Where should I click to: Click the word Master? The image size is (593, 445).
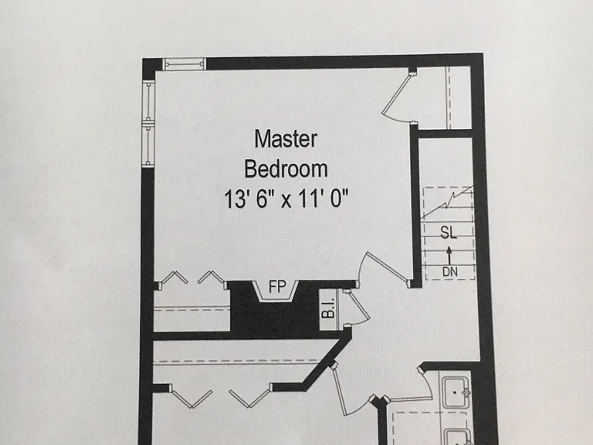pos(286,139)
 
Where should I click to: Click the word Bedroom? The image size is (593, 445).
pos(286,168)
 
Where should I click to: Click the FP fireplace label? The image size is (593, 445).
pos(277,287)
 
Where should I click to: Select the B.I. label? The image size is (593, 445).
pos(329,307)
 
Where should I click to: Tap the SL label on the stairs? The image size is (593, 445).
pos(449,233)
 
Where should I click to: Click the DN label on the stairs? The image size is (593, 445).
pos(449,271)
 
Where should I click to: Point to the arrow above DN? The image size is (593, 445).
pos(449,256)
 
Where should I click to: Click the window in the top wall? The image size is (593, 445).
pos(185,64)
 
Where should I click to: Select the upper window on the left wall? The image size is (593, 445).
pos(148,101)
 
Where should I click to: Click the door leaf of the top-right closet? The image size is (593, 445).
pos(395,93)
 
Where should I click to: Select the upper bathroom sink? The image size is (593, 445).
pos(456,392)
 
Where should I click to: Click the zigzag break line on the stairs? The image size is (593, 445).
pos(447,202)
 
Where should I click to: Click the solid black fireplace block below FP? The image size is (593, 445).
pos(274,317)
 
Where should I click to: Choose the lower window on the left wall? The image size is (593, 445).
pos(148,145)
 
